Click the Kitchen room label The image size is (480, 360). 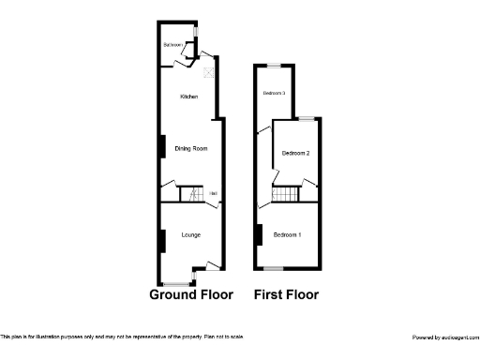coord(188,97)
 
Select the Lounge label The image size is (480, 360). coord(190,234)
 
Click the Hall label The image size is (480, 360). coord(214,194)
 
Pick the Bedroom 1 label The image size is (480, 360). coord(287,234)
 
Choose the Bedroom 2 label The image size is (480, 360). coord(295,153)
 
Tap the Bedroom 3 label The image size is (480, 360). coord(274,93)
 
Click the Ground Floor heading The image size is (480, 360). coord(191,294)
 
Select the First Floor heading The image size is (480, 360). coord(287,294)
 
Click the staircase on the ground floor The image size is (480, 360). coord(191,194)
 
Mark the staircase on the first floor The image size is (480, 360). coord(285,194)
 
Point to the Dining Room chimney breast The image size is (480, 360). coord(162,147)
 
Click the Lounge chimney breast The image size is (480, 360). coord(162,241)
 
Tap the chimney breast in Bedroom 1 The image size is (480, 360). coord(258,234)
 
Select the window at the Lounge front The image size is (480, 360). coord(175,283)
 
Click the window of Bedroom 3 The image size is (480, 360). coord(274,65)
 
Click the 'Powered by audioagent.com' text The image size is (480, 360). coord(445,337)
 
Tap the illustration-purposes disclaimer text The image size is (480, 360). coord(122,337)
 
